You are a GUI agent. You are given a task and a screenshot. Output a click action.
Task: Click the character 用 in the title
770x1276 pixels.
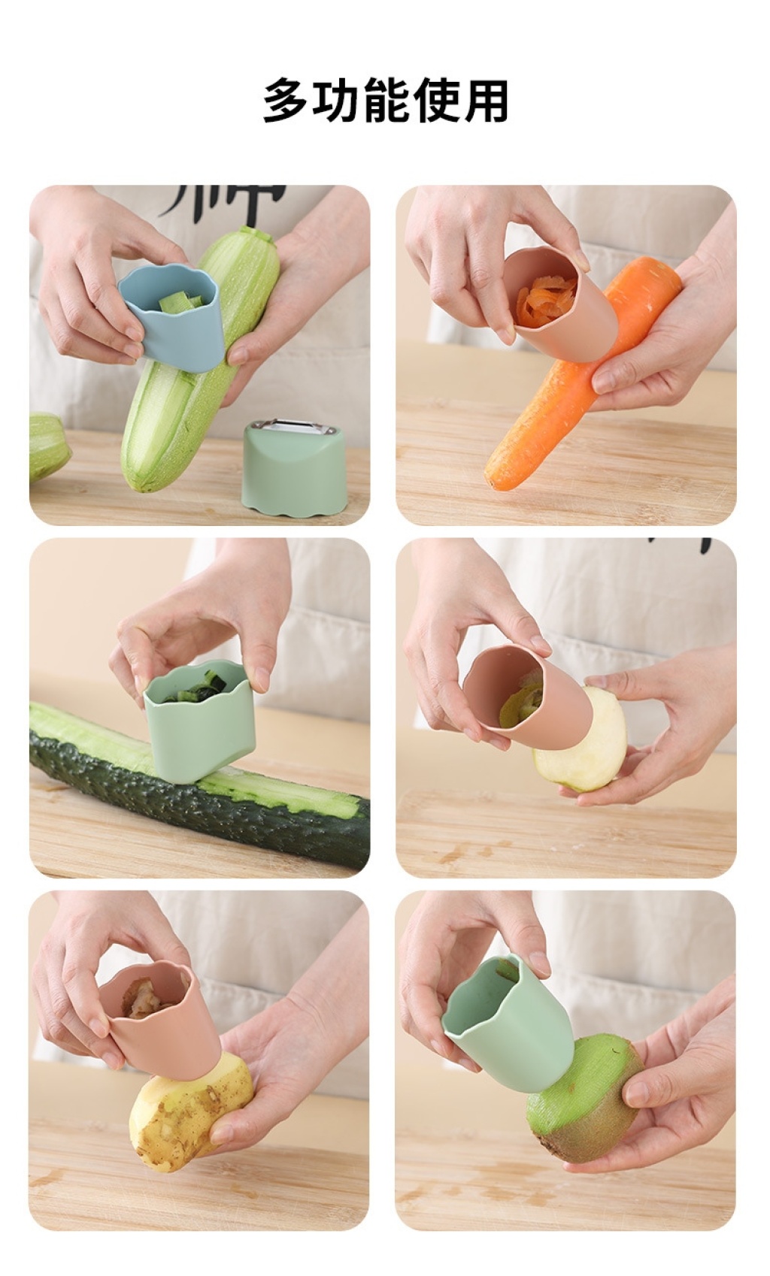[485, 101]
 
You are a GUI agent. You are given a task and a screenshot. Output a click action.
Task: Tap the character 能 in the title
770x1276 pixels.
[386, 101]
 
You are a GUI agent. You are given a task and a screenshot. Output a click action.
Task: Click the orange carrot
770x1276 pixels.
[576, 376]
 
